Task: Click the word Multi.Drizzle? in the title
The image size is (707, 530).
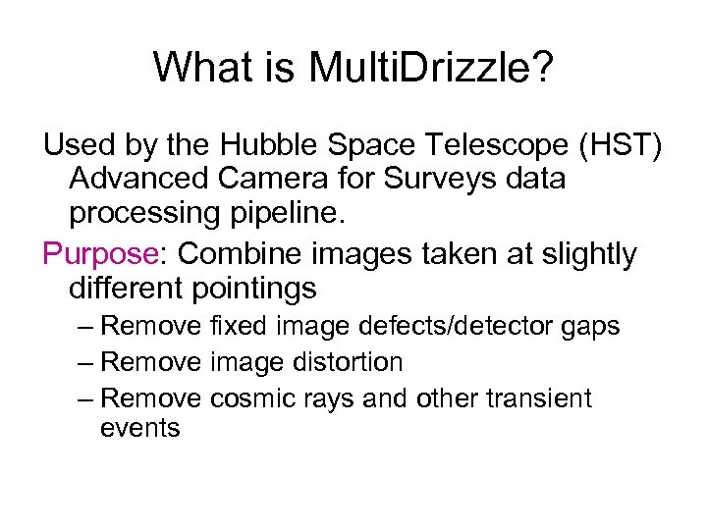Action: [x=431, y=68]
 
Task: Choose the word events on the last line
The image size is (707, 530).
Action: [x=140, y=428]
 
